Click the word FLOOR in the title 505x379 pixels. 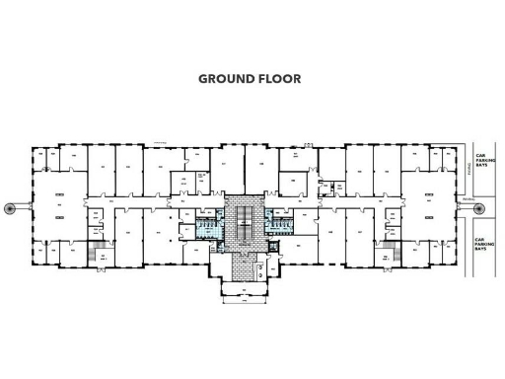pyautogui.click(x=278, y=79)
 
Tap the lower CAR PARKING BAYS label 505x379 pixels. pyautogui.click(x=482, y=244)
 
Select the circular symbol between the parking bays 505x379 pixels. pyautogui.click(x=483, y=207)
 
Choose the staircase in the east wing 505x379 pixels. pyautogui.click(x=391, y=252)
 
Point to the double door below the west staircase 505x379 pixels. pyautogui.click(x=93, y=266)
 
